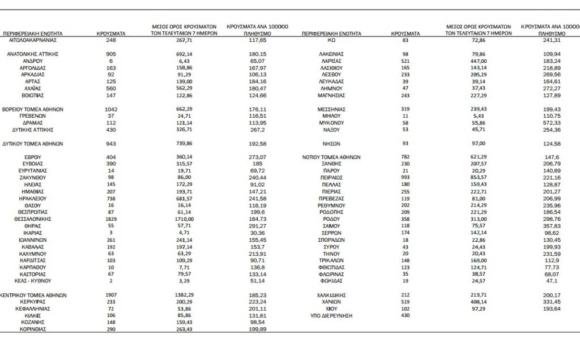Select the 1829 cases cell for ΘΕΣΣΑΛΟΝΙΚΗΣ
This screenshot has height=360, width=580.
pyautogui.click(x=111, y=218)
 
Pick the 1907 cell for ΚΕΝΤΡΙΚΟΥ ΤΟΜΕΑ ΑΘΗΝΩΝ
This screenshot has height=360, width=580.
pyautogui.click(x=111, y=295)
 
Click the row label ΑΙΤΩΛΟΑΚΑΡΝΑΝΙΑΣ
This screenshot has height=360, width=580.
pyautogui.click(x=33, y=40)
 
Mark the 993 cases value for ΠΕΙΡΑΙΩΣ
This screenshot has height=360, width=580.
pyautogui.click(x=406, y=178)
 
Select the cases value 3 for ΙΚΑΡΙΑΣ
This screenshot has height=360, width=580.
pyautogui.click(x=111, y=232)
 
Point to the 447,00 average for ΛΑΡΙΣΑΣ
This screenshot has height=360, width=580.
pyautogui.click(x=477, y=61)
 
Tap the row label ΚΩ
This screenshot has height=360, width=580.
pyautogui.click(x=332, y=40)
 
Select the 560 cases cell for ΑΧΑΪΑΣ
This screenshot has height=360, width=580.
pyautogui.click(x=111, y=88)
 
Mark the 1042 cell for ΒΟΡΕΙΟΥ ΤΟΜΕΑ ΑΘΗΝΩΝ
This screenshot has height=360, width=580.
pyautogui.click(x=111, y=109)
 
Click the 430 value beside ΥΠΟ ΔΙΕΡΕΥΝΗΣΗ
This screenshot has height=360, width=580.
pyautogui.click(x=406, y=315)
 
